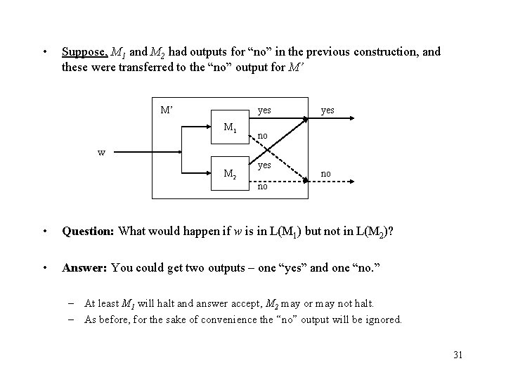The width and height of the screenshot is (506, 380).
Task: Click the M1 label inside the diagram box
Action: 230,128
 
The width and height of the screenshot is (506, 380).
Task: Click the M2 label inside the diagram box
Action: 230,173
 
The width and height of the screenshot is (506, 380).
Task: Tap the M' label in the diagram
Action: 168,110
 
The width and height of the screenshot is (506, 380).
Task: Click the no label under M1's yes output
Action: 263,135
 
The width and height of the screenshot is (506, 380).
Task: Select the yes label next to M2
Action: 264,165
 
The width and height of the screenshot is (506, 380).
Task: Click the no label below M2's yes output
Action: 262,186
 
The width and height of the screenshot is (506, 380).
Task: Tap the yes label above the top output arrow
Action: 327,110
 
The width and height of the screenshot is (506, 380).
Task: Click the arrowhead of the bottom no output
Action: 351,180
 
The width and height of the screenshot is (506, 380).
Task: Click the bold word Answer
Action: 84,267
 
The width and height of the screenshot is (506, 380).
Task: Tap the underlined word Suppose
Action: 84,51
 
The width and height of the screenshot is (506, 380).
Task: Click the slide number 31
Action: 458,353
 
